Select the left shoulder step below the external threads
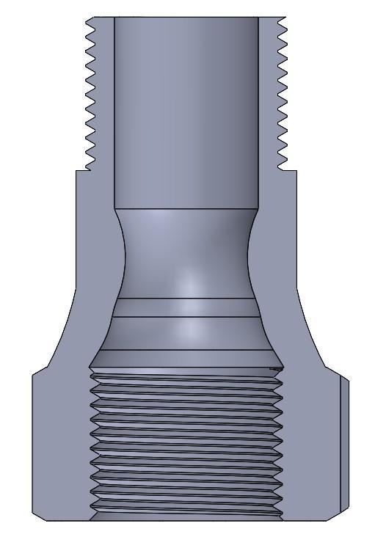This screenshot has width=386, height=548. pos(83,172)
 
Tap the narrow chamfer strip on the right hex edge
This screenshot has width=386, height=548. pos(345,447)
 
